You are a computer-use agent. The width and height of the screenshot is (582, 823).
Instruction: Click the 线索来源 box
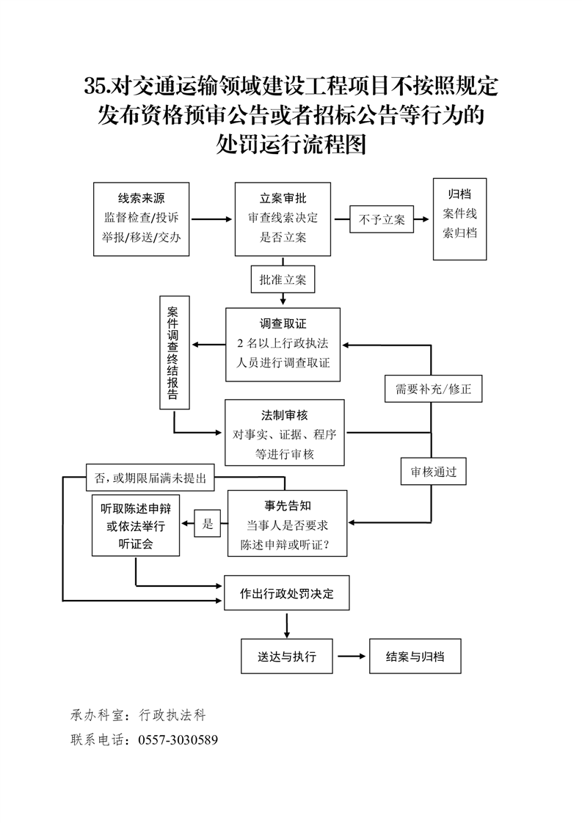point(142,219)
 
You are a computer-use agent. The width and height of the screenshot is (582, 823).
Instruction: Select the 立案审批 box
point(283,219)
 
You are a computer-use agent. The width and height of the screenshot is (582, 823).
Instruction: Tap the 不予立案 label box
point(382,219)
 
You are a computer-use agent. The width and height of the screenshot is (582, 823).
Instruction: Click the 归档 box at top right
point(459,219)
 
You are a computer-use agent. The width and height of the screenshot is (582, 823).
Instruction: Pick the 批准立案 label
point(283,279)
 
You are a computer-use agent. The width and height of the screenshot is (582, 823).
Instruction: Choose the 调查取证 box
point(283,344)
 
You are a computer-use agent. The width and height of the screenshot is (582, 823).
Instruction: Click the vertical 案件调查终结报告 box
point(174,352)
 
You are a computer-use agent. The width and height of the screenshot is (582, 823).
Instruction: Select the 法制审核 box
point(284,433)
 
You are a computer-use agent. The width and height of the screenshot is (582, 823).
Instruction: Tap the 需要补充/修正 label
point(433,389)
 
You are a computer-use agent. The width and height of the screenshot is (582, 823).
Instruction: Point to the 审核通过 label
point(433,472)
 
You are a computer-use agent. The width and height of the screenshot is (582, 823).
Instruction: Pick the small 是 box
point(208,524)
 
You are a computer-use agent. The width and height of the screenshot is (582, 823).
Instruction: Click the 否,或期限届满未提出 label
point(150,478)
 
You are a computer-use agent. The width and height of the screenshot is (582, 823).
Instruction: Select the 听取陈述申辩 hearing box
point(136,525)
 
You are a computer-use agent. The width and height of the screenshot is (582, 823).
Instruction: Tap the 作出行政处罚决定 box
point(287,593)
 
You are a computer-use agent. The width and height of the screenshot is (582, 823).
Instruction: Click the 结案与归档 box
point(415,656)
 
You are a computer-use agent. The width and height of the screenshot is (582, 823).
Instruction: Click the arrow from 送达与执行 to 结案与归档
point(352,656)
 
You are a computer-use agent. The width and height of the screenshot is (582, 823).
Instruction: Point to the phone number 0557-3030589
point(178,739)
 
